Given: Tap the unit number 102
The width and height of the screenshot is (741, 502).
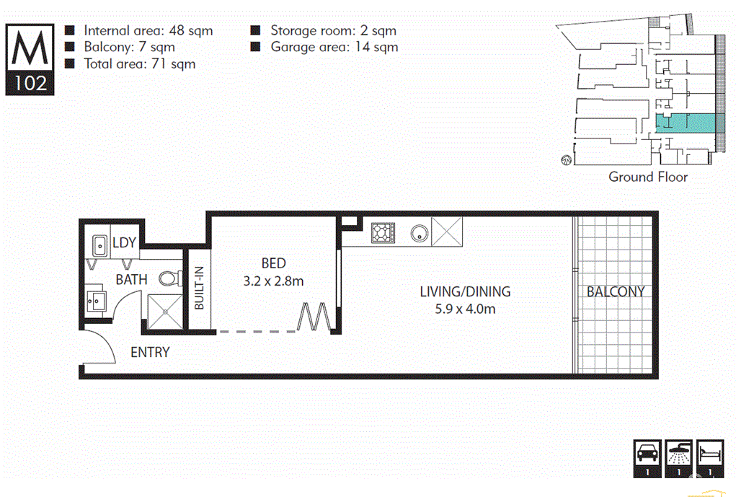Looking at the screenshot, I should point(30,83).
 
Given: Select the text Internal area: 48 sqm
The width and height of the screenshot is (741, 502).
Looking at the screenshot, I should point(148,31).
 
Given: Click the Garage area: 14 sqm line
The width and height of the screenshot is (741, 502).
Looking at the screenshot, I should point(334,48).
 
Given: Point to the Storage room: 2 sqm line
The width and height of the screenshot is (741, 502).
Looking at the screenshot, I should point(333,31).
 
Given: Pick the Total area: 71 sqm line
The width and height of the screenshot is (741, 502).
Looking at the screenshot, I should point(139,64).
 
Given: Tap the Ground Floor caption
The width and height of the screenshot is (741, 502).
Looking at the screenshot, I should point(648,177).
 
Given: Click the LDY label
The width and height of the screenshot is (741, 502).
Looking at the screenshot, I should point(124,243).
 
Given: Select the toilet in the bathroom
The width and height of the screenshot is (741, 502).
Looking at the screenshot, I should point(169,278).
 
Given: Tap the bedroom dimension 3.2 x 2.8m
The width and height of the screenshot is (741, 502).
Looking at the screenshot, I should point(273,281).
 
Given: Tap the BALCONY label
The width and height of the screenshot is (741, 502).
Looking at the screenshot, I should point(615,292).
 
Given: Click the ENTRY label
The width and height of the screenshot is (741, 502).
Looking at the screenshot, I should point(150,353).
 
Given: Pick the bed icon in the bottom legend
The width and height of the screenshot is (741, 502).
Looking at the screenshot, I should point(710,454).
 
